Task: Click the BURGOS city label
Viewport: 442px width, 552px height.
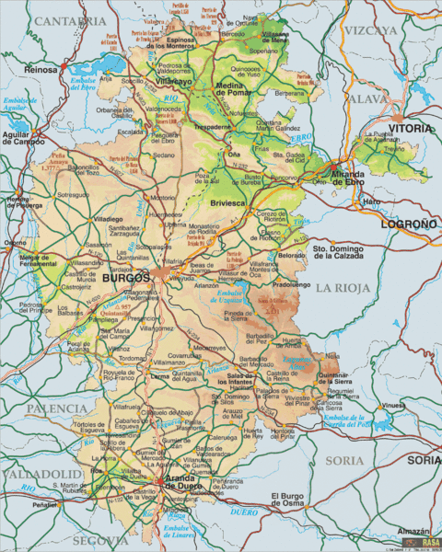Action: click(x=126, y=277)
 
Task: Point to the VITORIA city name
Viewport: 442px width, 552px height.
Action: click(x=409, y=129)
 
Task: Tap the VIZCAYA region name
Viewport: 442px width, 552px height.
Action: click(x=370, y=29)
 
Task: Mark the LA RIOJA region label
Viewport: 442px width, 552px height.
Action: click(x=343, y=288)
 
